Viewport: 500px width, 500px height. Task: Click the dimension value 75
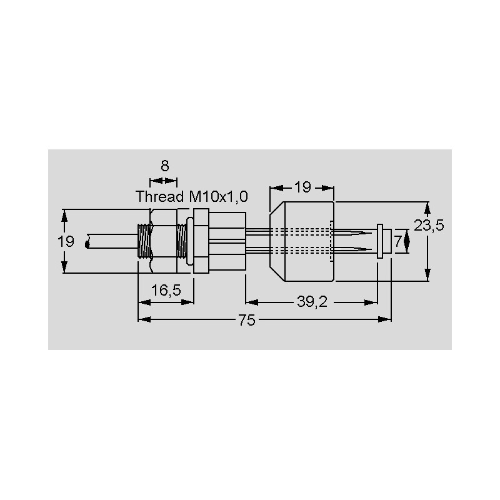247,320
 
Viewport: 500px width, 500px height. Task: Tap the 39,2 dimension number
312,302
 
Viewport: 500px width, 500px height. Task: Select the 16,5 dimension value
166,290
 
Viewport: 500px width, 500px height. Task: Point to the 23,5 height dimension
429,226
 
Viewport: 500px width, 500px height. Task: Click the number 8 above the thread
164,166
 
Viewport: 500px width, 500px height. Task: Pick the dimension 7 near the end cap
397,241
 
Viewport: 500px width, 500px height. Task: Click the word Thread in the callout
160,196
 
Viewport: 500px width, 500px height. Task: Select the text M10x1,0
218,197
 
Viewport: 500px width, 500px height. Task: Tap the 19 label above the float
302,187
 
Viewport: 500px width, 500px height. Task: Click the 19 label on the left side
66,241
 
